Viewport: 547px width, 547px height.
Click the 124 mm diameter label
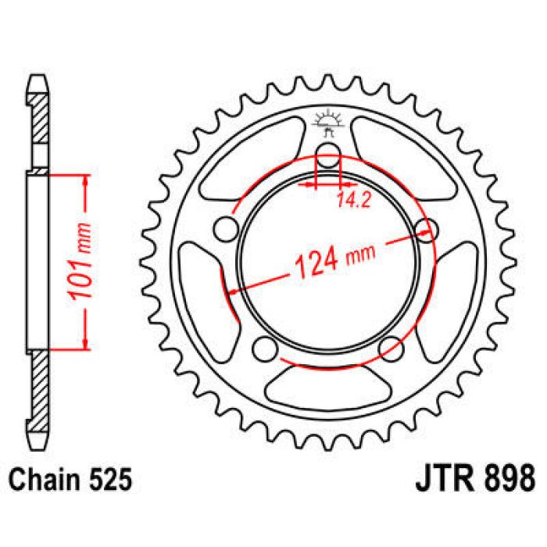click(x=332, y=259)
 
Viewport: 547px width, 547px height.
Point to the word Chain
click(x=44, y=476)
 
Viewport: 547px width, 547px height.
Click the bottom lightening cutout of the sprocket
click(x=329, y=383)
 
